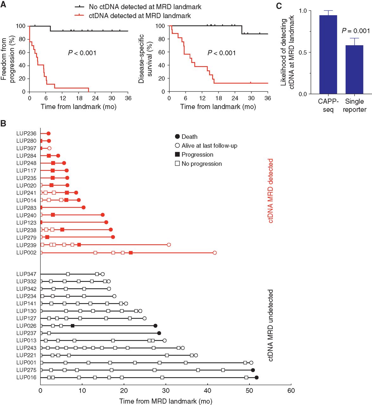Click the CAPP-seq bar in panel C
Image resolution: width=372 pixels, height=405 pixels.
point(328,54)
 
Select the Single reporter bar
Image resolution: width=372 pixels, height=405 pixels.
point(354,70)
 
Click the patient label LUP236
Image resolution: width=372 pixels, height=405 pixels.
point(26,134)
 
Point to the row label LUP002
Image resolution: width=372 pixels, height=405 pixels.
point(26,252)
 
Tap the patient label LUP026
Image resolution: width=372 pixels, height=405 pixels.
point(26,326)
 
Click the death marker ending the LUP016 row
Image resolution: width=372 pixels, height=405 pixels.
point(256,377)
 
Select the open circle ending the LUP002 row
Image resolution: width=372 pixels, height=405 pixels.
point(215,252)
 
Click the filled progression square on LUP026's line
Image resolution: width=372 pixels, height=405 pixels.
point(73,326)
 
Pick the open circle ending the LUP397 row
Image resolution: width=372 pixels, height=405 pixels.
point(49,148)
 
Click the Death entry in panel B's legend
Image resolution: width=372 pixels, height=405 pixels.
point(186,137)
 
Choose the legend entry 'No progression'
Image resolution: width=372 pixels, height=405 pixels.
point(198,164)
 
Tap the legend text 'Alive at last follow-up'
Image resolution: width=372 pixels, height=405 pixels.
point(206,146)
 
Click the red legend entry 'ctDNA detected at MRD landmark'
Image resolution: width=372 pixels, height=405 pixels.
point(133,16)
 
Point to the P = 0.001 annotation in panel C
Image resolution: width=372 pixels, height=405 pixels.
point(356,31)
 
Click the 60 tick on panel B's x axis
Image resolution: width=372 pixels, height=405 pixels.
point(291,390)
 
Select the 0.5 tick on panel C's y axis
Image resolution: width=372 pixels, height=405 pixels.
point(303,53)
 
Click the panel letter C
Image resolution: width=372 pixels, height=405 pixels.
point(279,6)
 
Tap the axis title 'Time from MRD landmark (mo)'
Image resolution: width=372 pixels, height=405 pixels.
point(166,401)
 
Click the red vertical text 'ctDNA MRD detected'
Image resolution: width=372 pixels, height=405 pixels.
point(270,191)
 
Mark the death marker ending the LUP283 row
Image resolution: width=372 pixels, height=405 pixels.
point(84,207)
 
